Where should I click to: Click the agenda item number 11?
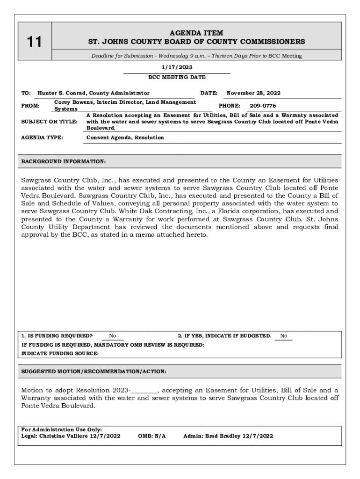tap(34, 42)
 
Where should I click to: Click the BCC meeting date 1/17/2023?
tap(177, 67)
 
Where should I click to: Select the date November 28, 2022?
tap(253, 93)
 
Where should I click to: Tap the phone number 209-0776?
tap(263, 106)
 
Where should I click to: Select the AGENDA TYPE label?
tap(42, 138)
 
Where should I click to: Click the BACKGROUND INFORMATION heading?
tap(64, 161)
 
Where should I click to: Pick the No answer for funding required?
tap(113, 336)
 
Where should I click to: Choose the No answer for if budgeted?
tap(284, 336)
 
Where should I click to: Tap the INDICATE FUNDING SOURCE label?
tap(60, 354)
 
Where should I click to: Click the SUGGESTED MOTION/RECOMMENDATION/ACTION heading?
tap(94, 371)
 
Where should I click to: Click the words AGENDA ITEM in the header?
tap(196, 33)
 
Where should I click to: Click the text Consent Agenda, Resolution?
tap(125, 138)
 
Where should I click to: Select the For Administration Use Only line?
tap(62, 429)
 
